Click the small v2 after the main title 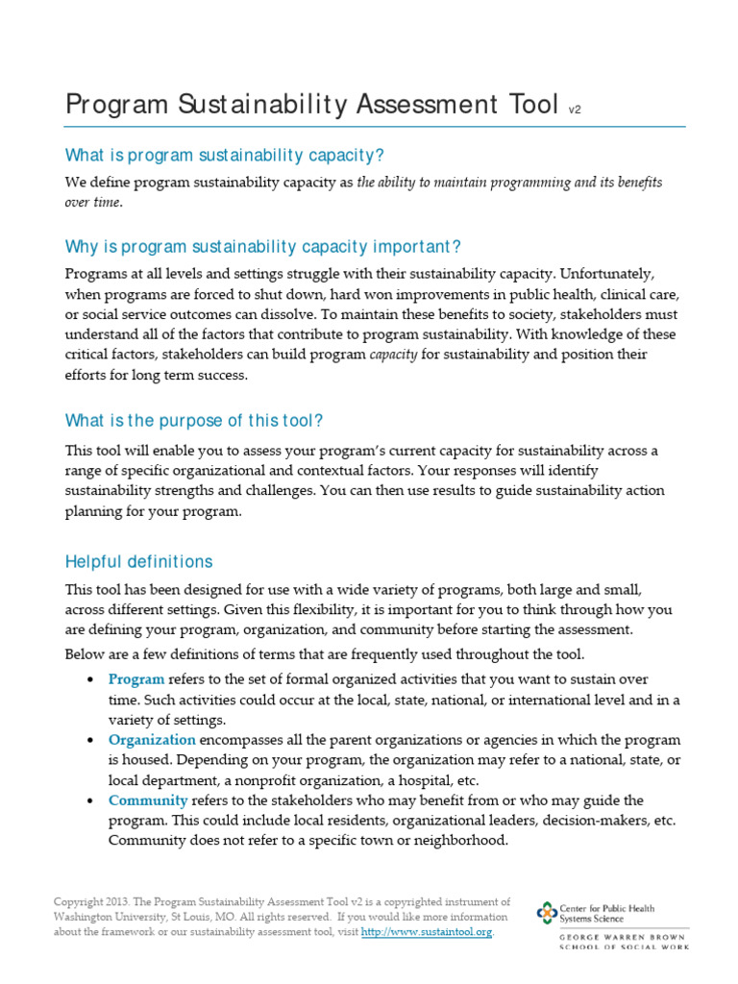pos(575,111)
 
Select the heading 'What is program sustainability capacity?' pos(224,155)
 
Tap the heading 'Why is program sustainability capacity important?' pos(256,247)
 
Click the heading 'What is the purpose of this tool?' pos(194,420)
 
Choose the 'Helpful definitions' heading pos(138,561)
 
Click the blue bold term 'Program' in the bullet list pos(136,679)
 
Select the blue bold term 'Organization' pos(152,740)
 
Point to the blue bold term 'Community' pos(148,800)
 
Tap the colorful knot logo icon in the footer pos(547,913)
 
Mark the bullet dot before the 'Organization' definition pos(89,741)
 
